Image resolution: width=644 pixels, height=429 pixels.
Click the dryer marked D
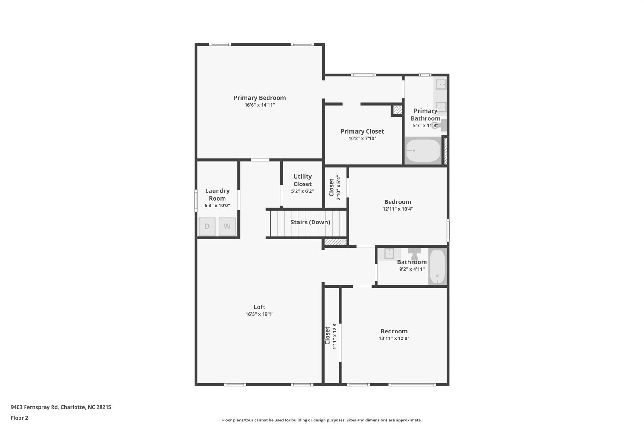pos(207,227)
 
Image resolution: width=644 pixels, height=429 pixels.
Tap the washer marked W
pos(227,227)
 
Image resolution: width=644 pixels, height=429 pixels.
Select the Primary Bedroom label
pos(260,98)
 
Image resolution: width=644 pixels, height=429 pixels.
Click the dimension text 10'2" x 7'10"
pos(362,139)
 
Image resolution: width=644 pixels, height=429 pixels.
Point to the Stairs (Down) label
pos(310,222)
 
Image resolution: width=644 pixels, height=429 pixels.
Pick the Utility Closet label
pos(303,180)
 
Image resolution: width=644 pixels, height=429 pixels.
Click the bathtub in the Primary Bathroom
pos(423,151)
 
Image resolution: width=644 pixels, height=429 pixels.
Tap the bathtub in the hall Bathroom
pos(437,267)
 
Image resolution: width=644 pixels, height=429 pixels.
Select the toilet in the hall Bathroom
pos(414,254)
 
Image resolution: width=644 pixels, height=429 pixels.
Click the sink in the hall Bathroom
pos(389,253)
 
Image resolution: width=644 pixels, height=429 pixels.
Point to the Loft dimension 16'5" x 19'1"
pos(259,314)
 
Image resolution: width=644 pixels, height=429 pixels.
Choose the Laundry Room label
pos(217,195)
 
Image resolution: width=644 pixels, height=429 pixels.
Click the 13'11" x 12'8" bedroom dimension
pos(394,338)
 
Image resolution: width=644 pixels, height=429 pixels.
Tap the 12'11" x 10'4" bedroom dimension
pos(398,209)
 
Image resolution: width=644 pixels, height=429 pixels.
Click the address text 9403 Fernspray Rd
pos(35,407)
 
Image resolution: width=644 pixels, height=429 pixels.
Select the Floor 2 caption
pos(19,418)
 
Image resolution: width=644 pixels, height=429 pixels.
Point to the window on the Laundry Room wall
pos(196,200)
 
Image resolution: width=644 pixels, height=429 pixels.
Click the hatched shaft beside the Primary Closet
pos(397,110)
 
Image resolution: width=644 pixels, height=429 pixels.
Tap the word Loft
pos(259,307)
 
